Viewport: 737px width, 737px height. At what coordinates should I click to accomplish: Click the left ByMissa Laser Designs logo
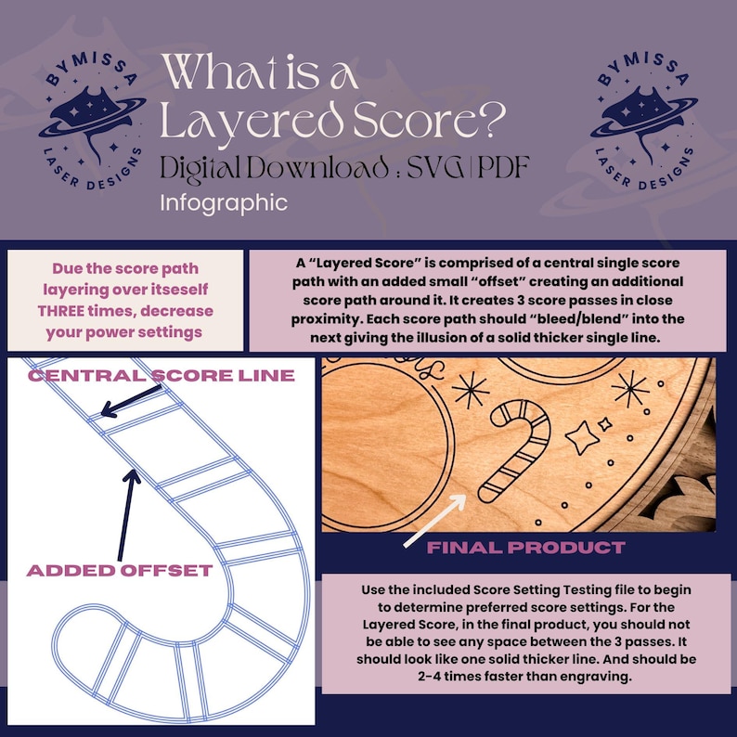click(x=92, y=121)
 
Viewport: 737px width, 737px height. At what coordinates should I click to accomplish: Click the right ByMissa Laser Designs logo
click(x=644, y=121)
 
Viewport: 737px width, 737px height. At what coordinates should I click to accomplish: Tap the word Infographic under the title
click(x=224, y=203)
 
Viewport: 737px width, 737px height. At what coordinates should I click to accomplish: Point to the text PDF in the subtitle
click(x=503, y=167)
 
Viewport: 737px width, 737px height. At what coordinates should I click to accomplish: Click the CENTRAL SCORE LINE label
click(x=162, y=375)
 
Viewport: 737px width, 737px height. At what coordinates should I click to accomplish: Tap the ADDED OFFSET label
click(x=120, y=570)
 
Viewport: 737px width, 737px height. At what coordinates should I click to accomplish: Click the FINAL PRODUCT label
click(x=526, y=547)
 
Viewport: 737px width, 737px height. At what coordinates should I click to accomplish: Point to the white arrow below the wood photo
click(x=434, y=521)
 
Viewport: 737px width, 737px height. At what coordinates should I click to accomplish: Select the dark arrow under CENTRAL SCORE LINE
click(x=131, y=401)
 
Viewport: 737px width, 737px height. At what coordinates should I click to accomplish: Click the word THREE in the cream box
click(x=61, y=311)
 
